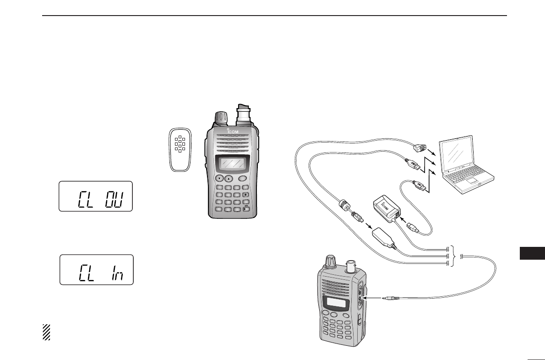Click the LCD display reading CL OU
95,196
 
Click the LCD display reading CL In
96,270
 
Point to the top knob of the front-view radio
220,117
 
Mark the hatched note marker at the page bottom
46,332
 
